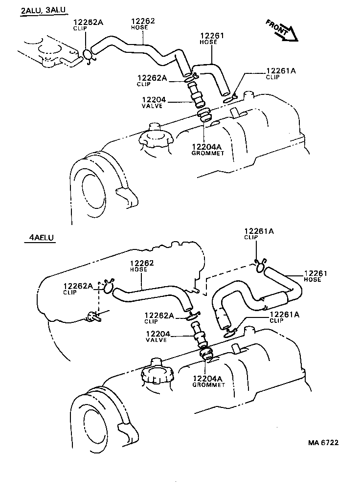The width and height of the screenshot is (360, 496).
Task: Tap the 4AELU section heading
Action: click(x=39, y=238)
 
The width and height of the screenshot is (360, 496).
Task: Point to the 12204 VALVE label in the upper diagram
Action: click(x=155, y=103)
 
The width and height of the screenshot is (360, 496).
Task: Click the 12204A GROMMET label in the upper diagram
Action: click(x=207, y=149)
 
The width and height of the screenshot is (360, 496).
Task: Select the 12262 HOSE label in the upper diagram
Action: click(x=143, y=24)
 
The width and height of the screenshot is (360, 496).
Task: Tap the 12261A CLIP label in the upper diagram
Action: click(x=281, y=73)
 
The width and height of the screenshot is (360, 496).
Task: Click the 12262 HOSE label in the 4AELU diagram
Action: click(x=142, y=266)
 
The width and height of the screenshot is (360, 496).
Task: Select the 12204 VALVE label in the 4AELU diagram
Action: click(x=157, y=337)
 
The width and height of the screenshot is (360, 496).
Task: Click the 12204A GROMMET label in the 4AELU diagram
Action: click(x=208, y=381)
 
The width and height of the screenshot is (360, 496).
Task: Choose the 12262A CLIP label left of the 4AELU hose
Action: click(x=78, y=289)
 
